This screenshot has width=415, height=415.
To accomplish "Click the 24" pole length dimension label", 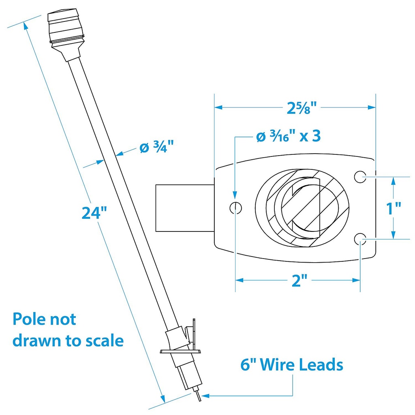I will (x=94, y=212).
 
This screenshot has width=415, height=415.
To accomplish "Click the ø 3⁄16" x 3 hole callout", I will (x=289, y=137).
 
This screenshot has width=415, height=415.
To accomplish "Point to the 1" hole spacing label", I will (x=393, y=208).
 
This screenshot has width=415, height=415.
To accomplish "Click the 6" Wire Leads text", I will (x=291, y=365).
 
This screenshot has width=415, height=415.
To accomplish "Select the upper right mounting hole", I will (x=360, y=176).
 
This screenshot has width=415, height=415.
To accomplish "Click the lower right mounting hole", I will (x=360, y=239).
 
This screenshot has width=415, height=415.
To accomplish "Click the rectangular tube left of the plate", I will (x=184, y=208).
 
